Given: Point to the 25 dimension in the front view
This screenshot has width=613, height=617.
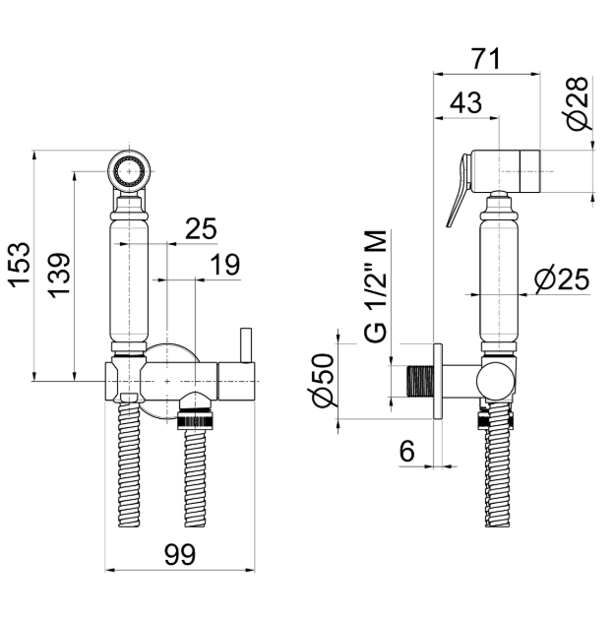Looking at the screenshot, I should coord(201,229).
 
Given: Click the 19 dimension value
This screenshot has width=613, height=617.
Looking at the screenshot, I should coord(224,264).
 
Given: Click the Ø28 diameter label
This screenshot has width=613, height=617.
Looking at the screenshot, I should coord(580,104).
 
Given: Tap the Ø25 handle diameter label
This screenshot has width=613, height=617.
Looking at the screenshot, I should coord(561,280).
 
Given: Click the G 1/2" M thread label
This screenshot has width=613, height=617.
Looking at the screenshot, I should coord(375,285).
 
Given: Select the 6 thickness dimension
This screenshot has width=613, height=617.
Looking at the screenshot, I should coord(407,451).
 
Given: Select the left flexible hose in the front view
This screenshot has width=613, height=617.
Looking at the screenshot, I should coord(129,472).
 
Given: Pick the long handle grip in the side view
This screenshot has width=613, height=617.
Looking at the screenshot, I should coord(498,280).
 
